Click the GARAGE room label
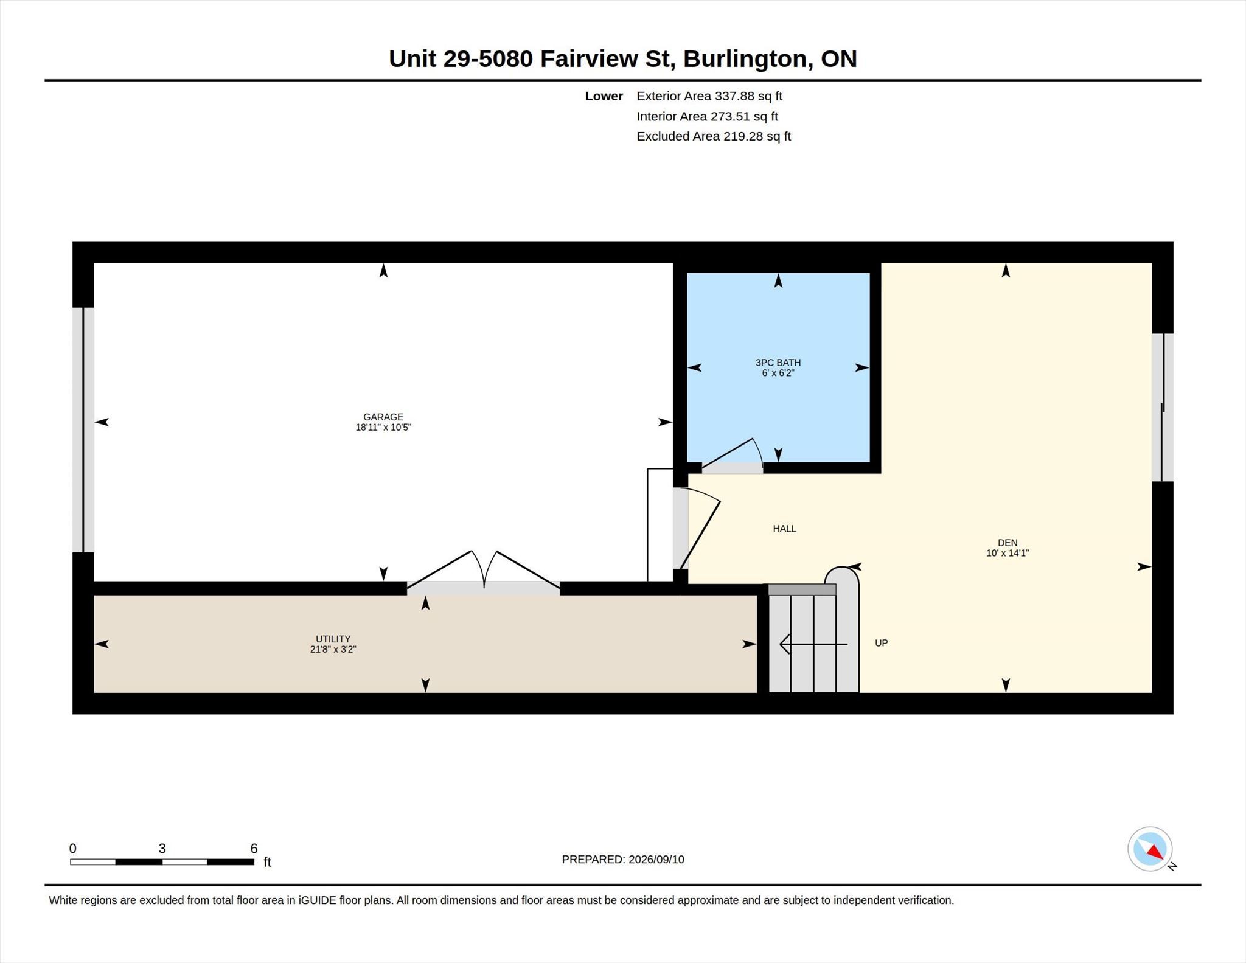click(x=383, y=417)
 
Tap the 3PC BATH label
click(x=778, y=363)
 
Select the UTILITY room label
click(x=333, y=639)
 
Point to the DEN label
click(x=1008, y=543)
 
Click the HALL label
click(x=784, y=529)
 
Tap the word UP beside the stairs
click(x=881, y=643)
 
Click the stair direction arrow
click(x=813, y=644)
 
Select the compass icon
click(x=1150, y=849)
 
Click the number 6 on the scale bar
click(x=254, y=849)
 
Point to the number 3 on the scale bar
click(x=162, y=849)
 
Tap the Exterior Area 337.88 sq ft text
click(x=709, y=96)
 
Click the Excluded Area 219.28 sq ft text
click(x=714, y=136)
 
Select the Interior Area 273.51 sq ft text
click(x=708, y=116)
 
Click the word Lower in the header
click(x=604, y=96)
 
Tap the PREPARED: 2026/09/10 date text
click(x=623, y=860)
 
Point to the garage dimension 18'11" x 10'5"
click(x=383, y=427)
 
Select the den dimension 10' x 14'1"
click(x=1008, y=553)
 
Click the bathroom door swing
click(x=732, y=455)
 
